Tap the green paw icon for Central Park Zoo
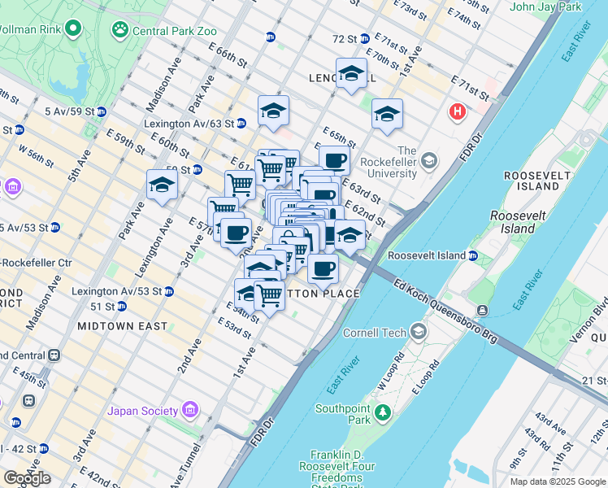coord(120,30)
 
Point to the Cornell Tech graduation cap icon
coord(418,331)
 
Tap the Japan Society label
coord(147,410)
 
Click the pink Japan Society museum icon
coord(190,408)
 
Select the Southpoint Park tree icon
coord(381,417)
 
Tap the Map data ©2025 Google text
coord(558,481)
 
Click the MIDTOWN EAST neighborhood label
coord(122,326)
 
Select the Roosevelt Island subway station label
coord(427,255)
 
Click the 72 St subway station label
coord(345,38)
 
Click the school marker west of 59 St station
coord(162,186)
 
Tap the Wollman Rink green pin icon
coord(74,30)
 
